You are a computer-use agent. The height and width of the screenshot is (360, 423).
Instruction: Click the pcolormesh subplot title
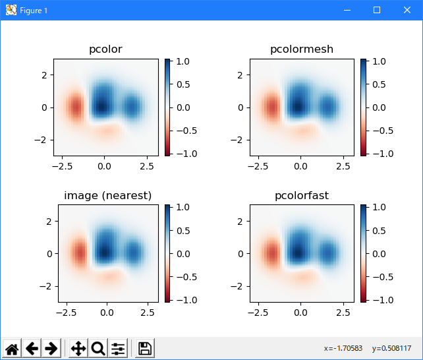(x=301, y=49)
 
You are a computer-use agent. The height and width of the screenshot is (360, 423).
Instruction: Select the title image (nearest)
(x=107, y=195)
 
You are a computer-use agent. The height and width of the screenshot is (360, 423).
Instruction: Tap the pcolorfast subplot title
(x=301, y=195)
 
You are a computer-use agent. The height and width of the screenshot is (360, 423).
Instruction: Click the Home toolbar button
(x=12, y=348)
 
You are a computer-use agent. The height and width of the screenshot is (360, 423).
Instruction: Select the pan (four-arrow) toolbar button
(x=78, y=348)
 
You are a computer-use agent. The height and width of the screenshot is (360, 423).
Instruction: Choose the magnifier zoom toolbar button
(x=98, y=348)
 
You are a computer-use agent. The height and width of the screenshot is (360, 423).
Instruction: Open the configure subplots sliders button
(x=119, y=348)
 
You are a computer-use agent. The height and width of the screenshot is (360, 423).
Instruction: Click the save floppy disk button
(x=145, y=348)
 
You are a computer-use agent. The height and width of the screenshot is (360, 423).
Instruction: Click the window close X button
(x=407, y=10)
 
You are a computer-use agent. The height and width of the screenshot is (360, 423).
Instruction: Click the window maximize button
(x=377, y=10)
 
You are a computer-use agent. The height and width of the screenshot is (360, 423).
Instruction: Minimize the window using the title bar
(x=347, y=10)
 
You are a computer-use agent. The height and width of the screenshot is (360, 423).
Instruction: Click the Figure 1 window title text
(x=34, y=11)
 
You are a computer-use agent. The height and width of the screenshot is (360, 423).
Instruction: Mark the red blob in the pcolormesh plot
(x=271, y=107)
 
